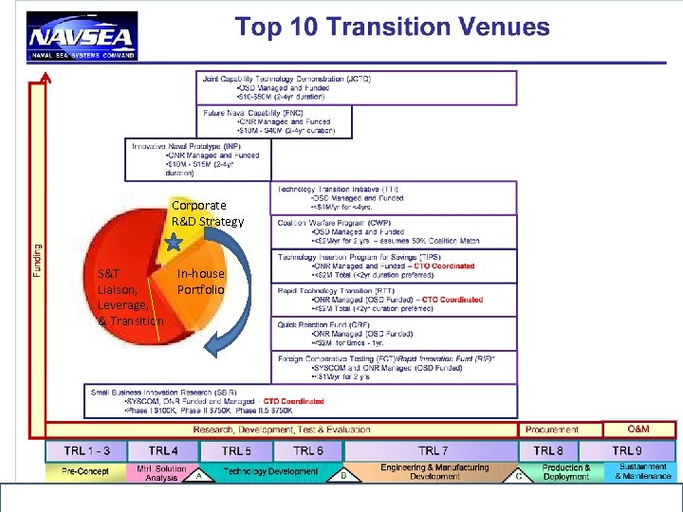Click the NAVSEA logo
tap(83, 37)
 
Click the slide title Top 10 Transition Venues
tap(392, 27)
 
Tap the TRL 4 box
tap(163, 451)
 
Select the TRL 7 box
tap(433, 451)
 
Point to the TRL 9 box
tap(626, 451)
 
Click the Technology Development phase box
tap(270, 471)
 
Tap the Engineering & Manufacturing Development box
tap(434, 471)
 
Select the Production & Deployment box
tap(566, 472)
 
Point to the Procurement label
tap(552, 430)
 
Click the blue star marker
tap(174, 243)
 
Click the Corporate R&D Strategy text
tap(206, 213)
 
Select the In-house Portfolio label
tap(200, 281)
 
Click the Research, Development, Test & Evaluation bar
tap(283, 430)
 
